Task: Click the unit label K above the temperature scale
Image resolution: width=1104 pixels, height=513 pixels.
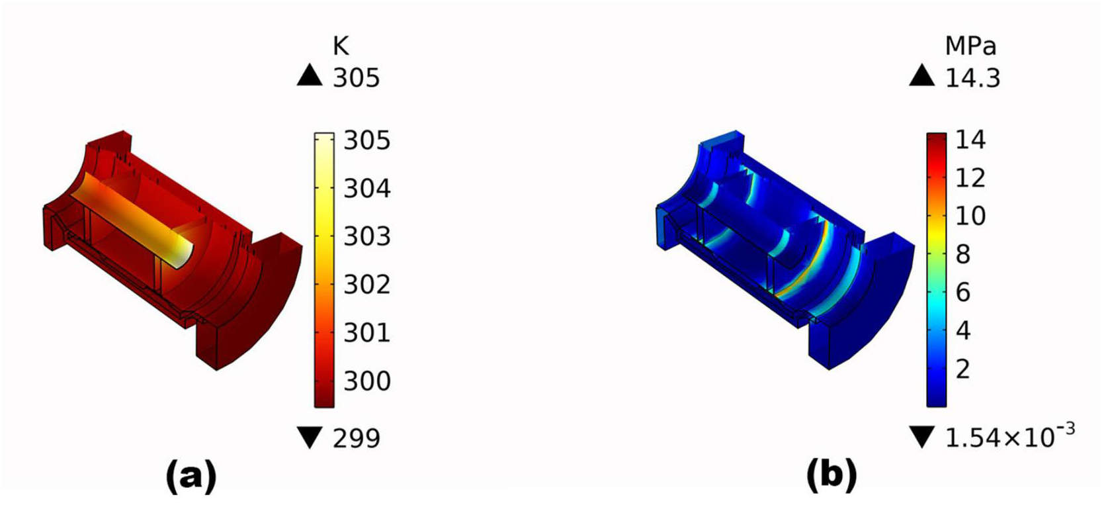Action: coord(341,46)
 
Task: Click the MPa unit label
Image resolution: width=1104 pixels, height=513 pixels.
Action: coord(970,46)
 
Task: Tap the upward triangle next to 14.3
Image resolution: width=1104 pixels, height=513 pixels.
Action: coord(921,76)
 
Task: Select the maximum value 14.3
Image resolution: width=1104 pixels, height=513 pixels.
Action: coord(972,78)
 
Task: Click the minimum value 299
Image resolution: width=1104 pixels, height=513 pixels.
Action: coord(357,438)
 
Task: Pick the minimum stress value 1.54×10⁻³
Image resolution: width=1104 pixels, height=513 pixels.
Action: coord(1010,436)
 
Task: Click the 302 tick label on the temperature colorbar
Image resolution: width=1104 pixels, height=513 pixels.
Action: coord(367,285)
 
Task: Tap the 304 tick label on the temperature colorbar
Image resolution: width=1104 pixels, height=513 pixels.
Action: coord(367,189)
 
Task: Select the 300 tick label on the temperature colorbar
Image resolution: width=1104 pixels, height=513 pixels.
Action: coord(367,381)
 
